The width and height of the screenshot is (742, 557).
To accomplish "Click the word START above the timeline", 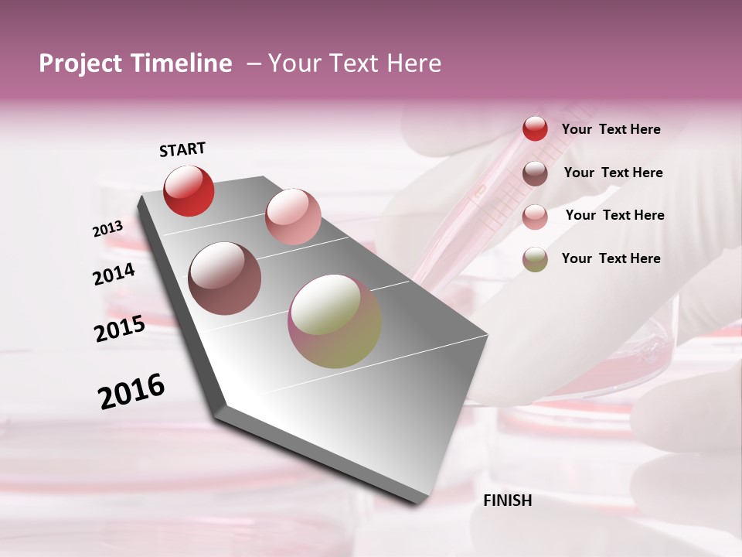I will [182, 149].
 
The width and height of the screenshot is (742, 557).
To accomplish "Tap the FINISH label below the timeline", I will [507, 501].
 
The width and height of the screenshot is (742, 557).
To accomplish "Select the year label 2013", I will [107, 229].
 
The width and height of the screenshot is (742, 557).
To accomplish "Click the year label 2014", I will [114, 275].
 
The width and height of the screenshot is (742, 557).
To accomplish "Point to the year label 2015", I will [119, 330].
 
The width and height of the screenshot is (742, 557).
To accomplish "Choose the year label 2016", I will [131, 391].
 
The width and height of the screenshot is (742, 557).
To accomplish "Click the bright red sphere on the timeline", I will [189, 190].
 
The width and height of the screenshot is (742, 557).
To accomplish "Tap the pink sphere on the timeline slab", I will [293, 217].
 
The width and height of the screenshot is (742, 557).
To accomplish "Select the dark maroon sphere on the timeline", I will [224, 278].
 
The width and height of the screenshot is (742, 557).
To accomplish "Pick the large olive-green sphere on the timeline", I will [334, 321].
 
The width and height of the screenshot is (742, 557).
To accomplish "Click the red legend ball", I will [535, 129].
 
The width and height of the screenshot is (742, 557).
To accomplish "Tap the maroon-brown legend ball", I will [535, 173].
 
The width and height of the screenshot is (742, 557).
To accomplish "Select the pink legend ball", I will [535, 217].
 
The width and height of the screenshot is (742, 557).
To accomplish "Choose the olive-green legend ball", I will [535, 259].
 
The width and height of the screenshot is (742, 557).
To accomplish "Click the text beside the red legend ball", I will [611, 129].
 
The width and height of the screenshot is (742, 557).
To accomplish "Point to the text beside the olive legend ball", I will [611, 258].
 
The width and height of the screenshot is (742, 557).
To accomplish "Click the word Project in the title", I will [80, 63].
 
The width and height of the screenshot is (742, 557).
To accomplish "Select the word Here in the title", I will [414, 63].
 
